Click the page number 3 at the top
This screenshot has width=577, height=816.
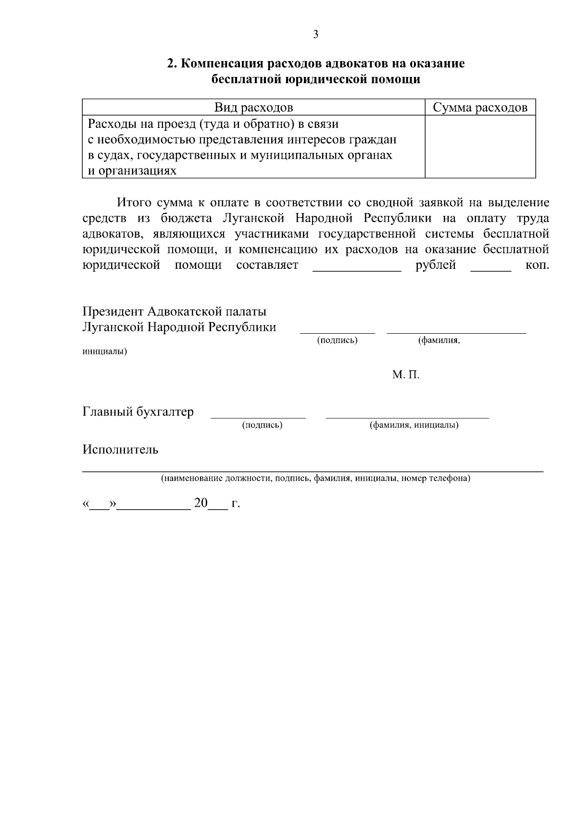point(315,34)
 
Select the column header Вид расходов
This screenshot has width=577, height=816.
point(253,107)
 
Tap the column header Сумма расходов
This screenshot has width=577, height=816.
point(480,107)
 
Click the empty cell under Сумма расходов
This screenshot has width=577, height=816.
point(480,147)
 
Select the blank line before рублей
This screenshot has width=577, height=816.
point(356,270)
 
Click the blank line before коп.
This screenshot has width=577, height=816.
point(490,270)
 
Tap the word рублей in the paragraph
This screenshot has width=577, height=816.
point(436,265)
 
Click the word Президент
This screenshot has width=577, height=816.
point(113,312)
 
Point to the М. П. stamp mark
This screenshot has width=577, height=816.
point(405,375)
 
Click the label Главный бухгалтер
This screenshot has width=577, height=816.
point(138,412)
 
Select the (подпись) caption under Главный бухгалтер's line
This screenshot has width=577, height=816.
point(262,425)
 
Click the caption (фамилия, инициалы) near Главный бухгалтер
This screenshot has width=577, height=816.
point(414,425)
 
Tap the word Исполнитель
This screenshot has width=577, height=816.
point(120,450)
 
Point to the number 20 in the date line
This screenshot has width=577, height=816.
point(201,503)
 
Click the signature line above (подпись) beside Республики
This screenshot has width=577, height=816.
point(337,332)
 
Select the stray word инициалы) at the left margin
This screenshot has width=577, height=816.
point(104,352)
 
